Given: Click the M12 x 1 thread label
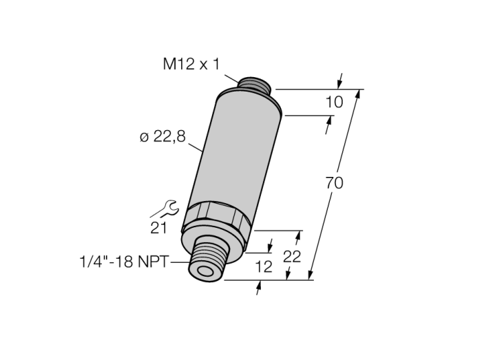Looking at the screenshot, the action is click(191, 65).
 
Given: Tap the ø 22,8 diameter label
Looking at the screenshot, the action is click(163, 136).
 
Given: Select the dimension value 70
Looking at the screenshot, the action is click(334, 183).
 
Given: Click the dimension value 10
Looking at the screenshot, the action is click(334, 102).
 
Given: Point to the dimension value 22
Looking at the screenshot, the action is click(292, 257).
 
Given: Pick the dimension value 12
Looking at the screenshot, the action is click(264, 266).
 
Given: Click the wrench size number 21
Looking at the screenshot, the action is click(158, 228).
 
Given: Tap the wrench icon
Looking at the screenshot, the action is click(165, 209).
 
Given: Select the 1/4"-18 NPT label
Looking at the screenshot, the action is click(125, 262).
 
